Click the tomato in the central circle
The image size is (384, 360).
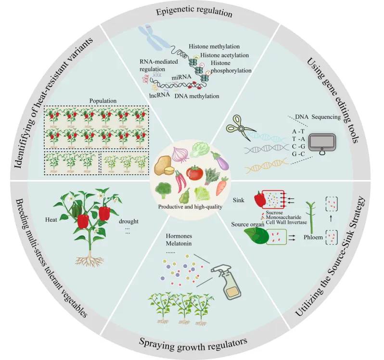pyautogui.click(x=195, y=171)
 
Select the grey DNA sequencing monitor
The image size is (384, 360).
pyautogui.click(x=323, y=143)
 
